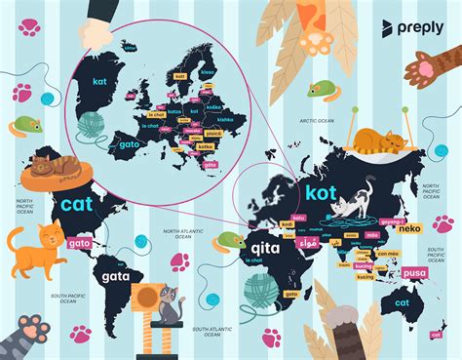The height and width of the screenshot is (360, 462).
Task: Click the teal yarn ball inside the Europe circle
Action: pos(91,123)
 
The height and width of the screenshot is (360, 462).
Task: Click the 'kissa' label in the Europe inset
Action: pos(205,71)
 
